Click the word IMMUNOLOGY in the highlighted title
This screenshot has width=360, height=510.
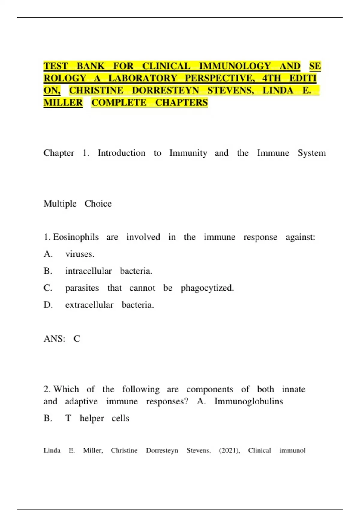pyautogui.click(x=235, y=66)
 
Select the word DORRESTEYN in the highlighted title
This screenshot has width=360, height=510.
pyautogui.click(x=165, y=90)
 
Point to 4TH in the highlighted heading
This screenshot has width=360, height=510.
pyautogui.click(x=271, y=78)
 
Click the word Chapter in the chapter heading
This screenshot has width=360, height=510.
pyautogui.click(x=59, y=153)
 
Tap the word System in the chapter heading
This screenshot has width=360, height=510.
pyautogui.click(x=311, y=153)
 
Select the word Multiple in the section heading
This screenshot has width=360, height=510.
pyautogui.click(x=60, y=204)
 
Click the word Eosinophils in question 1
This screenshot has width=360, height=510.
pyautogui.click(x=76, y=237)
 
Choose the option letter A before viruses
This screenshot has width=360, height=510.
pyautogui.click(x=48, y=254)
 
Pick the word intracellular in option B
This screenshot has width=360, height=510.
pyautogui.click(x=88, y=271)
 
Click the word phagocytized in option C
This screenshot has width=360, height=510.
pyautogui.click(x=207, y=288)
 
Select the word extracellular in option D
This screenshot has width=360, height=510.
pyautogui.click(x=89, y=305)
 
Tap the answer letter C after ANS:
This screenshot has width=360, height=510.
pyautogui.click(x=77, y=339)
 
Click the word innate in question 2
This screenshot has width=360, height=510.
pyautogui.click(x=293, y=389)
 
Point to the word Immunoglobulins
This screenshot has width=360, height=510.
pyautogui.click(x=248, y=401)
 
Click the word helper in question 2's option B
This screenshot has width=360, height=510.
pyautogui.click(x=92, y=418)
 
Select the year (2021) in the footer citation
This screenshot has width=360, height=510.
pyautogui.click(x=229, y=450)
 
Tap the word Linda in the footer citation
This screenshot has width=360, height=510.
pyautogui.click(x=52, y=450)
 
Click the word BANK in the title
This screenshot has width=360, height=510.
pyautogui.click(x=91, y=66)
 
